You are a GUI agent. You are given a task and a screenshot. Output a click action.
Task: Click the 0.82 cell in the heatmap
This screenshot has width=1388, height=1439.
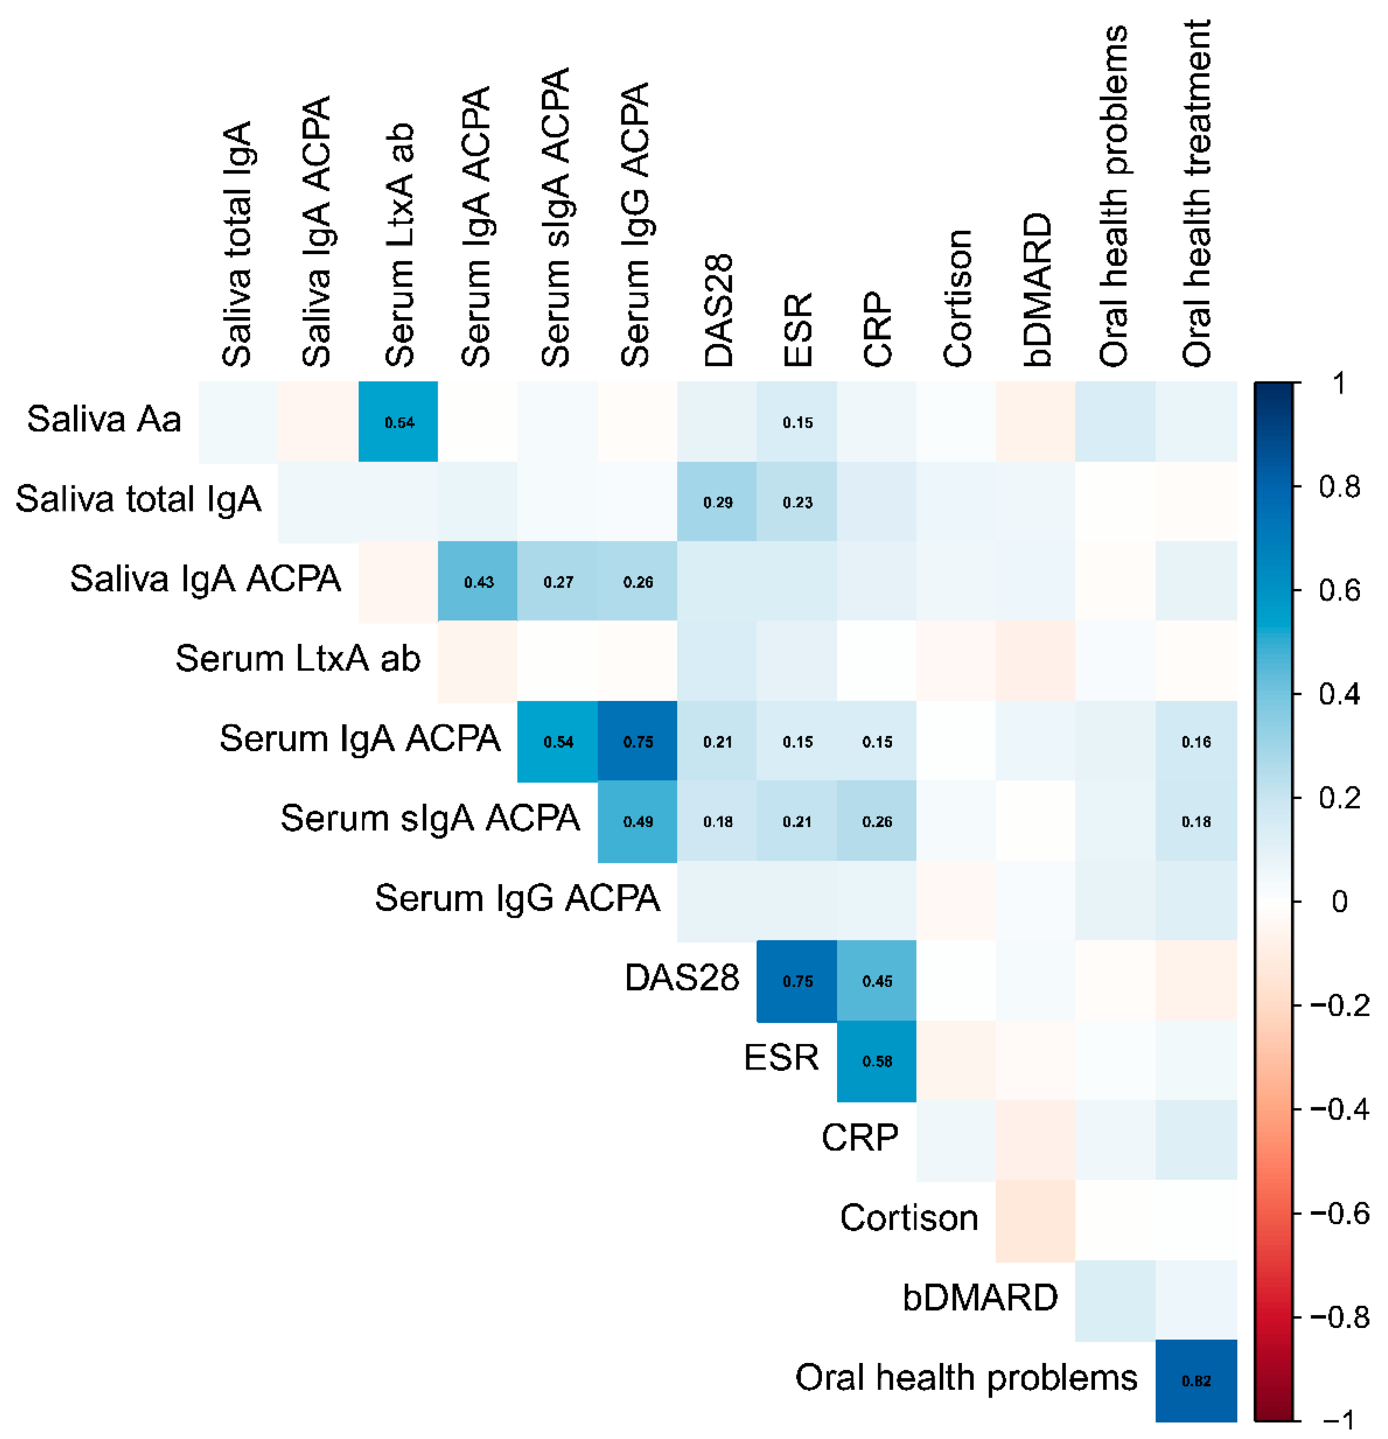pos(1196,1380)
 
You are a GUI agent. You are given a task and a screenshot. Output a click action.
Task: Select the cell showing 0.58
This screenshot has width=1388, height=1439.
pos(876,1061)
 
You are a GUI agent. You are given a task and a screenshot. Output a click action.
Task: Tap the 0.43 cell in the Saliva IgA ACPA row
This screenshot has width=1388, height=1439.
pos(478,582)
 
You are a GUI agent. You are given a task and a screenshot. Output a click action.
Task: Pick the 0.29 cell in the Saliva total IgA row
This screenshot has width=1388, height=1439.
pos(717,502)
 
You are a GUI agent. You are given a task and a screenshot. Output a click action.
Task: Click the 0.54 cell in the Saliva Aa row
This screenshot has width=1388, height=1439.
pos(398,422)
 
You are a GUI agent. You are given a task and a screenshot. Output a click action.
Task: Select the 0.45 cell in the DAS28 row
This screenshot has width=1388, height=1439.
pos(876,981)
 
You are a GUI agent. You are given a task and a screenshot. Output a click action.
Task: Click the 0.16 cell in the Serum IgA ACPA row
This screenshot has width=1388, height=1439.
pos(1196,742)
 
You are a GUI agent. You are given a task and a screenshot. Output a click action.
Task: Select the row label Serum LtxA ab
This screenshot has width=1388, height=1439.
pos(297,659)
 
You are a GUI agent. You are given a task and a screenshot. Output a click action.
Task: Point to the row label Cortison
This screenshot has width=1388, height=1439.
pos(909,1218)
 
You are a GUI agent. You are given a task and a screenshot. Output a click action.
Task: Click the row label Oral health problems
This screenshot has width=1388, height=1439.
pos(966,1378)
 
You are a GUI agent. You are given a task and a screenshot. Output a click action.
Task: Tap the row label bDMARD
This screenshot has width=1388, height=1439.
pos(980,1298)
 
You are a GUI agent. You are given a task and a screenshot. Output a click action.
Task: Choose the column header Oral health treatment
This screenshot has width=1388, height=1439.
pos(1196,192)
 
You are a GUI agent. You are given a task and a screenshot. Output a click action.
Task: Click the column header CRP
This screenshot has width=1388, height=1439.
pos(877,328)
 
